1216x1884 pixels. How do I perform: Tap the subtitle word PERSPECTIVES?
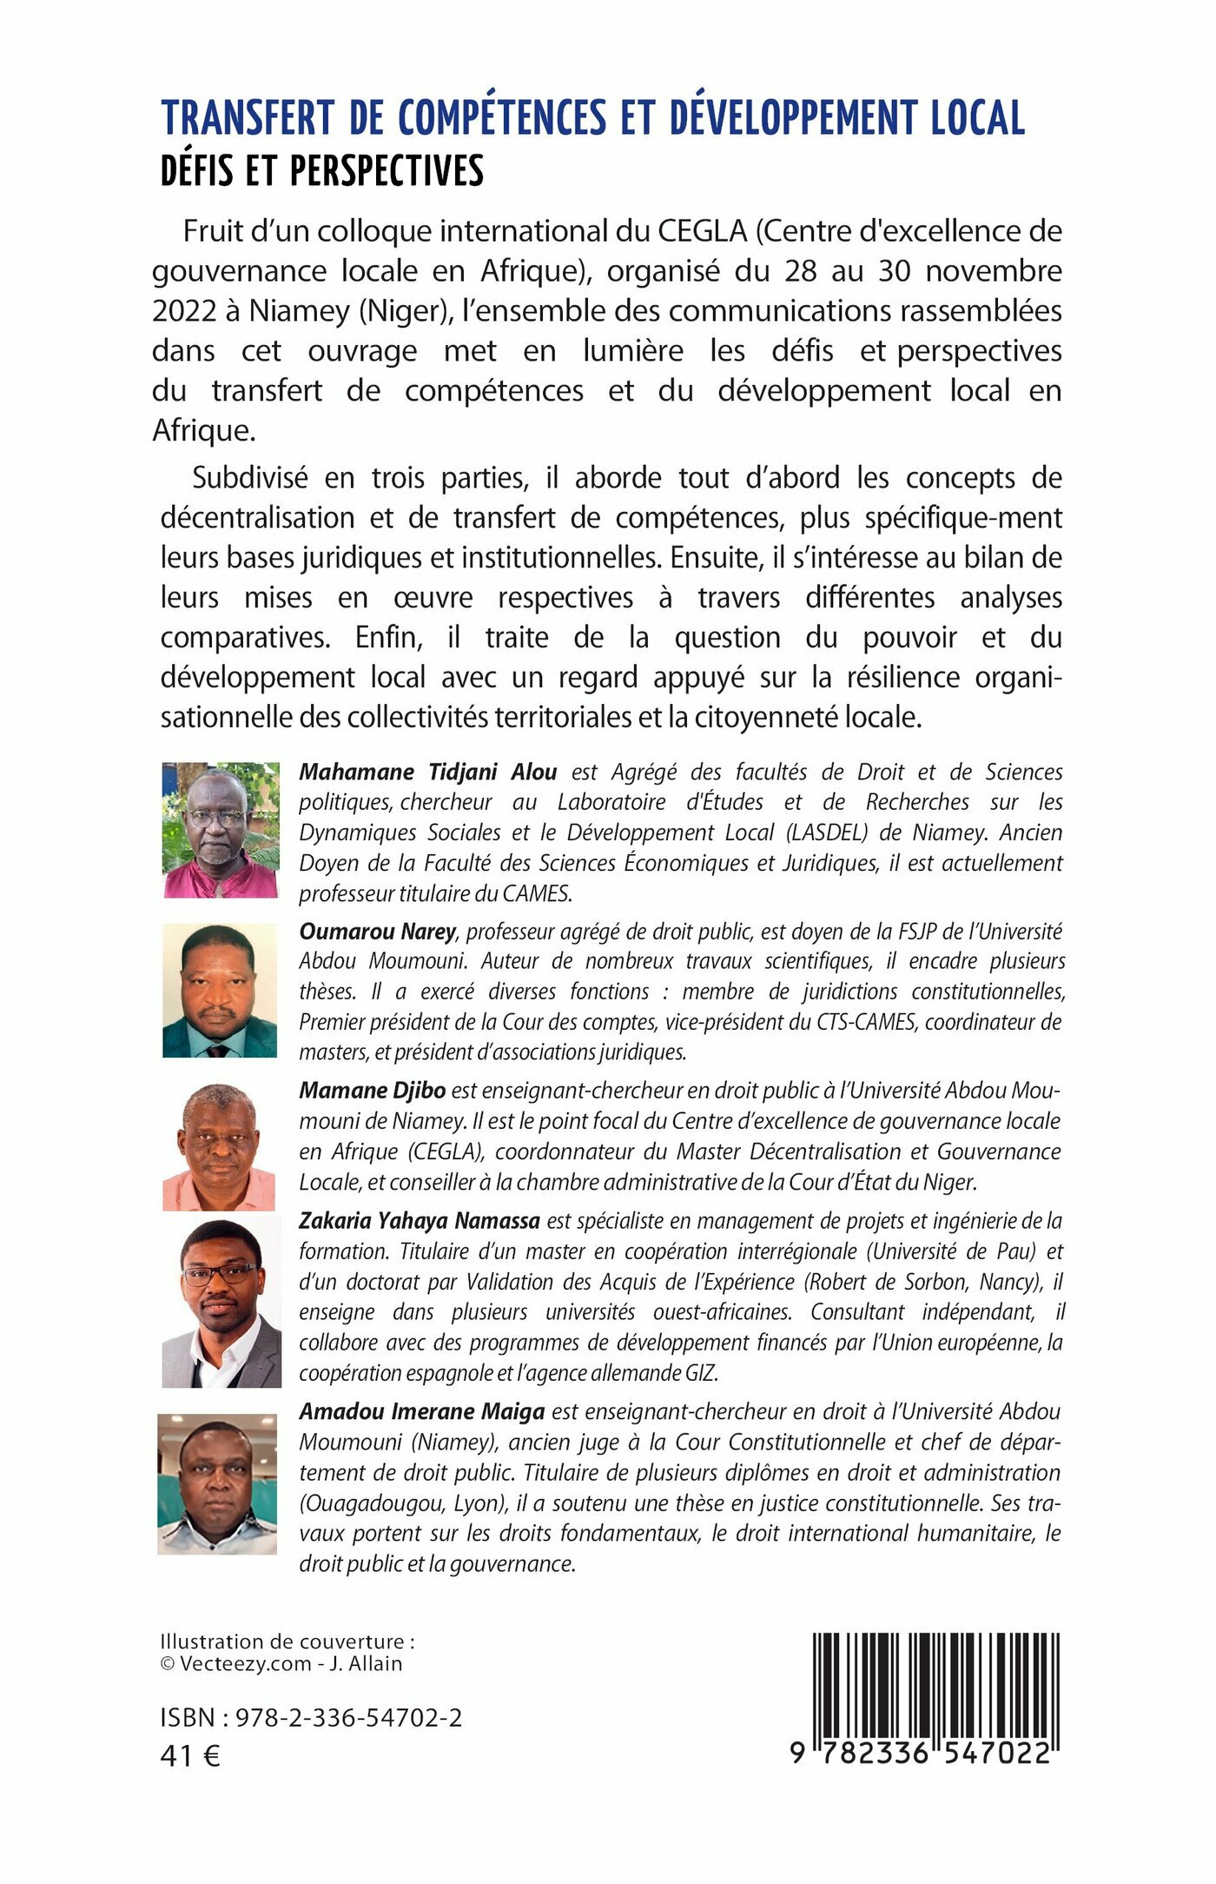point(387,171)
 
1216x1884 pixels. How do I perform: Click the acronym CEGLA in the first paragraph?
point(702,231)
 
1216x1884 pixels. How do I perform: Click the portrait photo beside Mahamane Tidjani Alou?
point(221,830)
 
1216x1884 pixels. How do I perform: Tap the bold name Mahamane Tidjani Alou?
point(427,772)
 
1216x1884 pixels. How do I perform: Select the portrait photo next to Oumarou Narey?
point(220,991)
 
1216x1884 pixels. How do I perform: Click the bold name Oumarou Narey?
point(377,932)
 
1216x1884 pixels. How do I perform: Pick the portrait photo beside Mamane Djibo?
point(219,1147)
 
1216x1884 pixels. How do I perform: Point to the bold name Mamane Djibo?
point(372,1091)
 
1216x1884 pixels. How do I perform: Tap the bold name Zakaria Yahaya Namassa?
point(420,1221)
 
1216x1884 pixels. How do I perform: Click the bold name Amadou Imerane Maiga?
point(421,1411)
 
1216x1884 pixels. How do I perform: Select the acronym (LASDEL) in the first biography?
point(827,833)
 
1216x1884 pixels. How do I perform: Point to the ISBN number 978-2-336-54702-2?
point(348,1717)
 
